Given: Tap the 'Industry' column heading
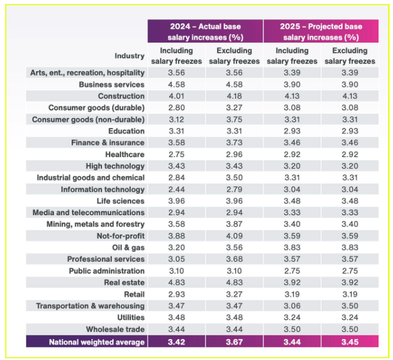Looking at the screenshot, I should click(x=129, y=56).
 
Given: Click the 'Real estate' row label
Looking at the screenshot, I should click(x=124, y=283).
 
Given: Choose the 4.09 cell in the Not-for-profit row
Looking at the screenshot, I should click(x=234, y=236).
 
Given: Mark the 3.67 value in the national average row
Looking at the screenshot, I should click(x=234, y=342).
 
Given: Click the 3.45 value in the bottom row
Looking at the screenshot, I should click(x=350, y=342).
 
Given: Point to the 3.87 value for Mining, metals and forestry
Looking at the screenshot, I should click(x=234, y=224).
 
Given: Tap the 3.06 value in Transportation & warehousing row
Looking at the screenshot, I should click(x=292, y=306).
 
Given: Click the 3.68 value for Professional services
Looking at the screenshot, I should click(x=234, y=259).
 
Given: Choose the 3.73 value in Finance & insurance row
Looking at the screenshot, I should click(x=234, y=143).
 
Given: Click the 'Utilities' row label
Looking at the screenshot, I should click(x=130, y=318).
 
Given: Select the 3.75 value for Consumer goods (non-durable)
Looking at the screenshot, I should click(x=234, y=119).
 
